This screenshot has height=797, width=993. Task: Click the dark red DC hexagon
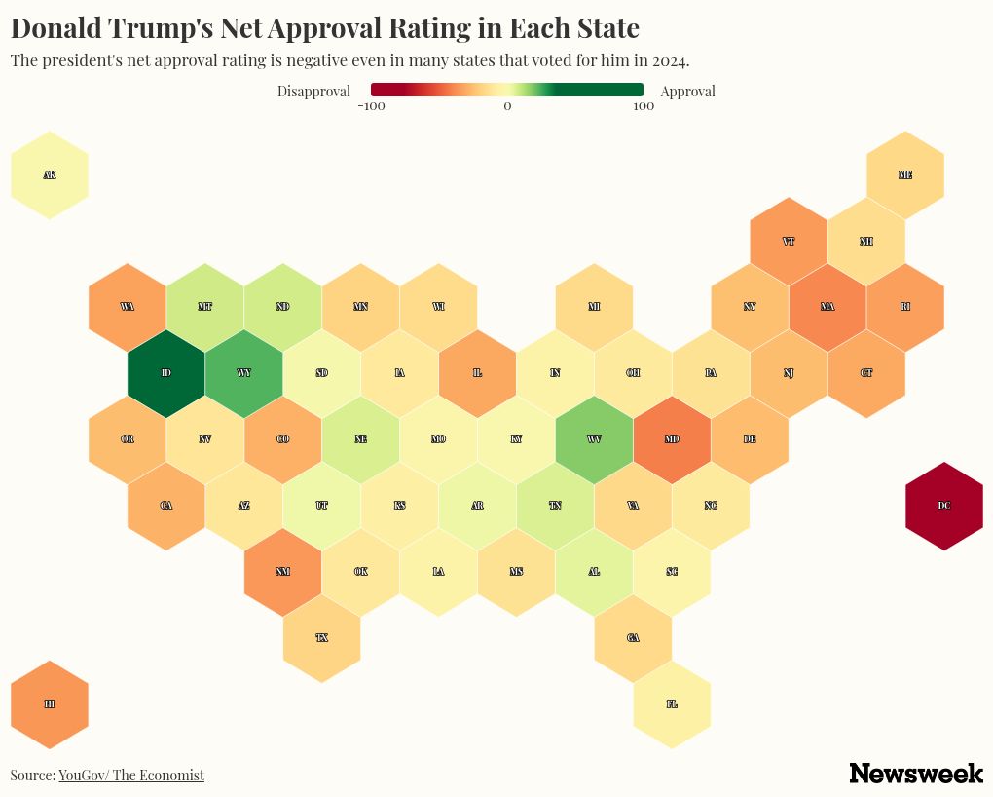click(943, 506)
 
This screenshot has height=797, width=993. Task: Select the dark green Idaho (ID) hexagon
click(165, 373)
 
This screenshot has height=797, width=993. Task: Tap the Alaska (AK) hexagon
click(50, 175)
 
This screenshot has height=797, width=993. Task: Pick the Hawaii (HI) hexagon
click(50, 703)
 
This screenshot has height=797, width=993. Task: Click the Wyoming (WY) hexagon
click(243, 373)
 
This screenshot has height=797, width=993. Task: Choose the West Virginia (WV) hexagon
click(594, 439)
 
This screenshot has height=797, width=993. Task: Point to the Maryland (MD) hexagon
click(672, 439)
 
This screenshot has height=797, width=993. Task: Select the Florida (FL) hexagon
click(672, 703)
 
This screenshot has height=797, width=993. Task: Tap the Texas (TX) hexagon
click(321, 638)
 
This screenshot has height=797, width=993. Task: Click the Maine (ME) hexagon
click(904, 175)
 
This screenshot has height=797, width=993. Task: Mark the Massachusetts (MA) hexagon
click(827, 307)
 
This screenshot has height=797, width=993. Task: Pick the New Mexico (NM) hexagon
click(282, 572)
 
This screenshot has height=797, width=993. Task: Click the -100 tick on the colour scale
click(372, 106)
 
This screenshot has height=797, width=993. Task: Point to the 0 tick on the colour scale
click(507, 106)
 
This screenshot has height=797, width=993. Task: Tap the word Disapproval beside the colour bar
click(313, 92)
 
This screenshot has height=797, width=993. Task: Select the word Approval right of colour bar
click(687, 92)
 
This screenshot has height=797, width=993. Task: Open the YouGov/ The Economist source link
click(131, 776)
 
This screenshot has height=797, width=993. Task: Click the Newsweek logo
click(915, 774)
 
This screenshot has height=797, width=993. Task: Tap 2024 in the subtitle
click(669, 60)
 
